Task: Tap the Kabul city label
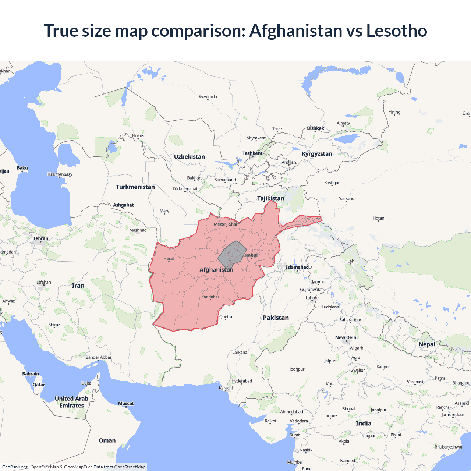(252, 255)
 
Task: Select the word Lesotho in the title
(396, 31)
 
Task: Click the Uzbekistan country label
(189, 157)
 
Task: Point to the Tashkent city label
(252, 153)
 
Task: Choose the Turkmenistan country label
(135, 187)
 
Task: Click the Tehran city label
(40, 238)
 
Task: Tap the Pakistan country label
(276, 318)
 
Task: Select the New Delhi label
(346, 337)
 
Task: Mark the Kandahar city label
(210, 297)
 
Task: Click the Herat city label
(169, 259)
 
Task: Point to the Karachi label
(226, 388)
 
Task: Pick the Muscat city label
(126, 404)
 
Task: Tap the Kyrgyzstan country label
(317, 154)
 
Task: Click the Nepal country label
(427, 344)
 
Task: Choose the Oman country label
(107, 440)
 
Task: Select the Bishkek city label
(315, 128)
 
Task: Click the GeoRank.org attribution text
(15, 467)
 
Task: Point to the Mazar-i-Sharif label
(227, 224)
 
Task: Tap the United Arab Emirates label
(71, 402)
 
